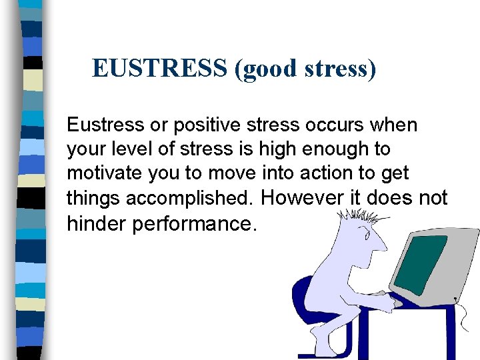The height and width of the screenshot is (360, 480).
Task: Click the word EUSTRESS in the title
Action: tap(160, 68)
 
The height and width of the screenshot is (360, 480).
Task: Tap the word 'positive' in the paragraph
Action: tap(207, 125)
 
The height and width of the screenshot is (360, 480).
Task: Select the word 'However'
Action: tap(304, 198)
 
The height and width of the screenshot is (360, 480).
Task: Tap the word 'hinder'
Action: tap(97, 223)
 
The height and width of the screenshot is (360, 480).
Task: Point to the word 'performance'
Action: tap(194, 224)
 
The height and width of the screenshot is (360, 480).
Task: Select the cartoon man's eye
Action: tap(366, 234)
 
